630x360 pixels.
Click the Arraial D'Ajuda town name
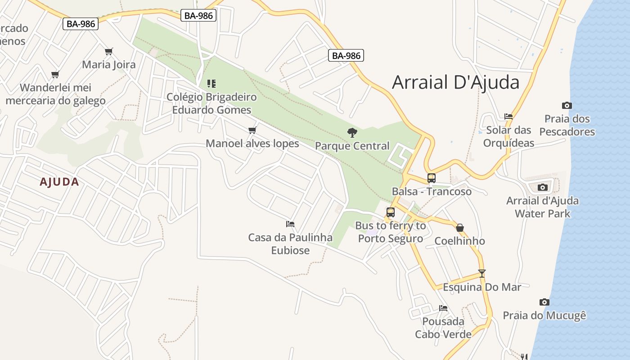[455, 82]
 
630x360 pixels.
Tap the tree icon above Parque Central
[352, 132]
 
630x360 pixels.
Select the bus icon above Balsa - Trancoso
[431, 178]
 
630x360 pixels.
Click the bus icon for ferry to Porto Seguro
[390, 212]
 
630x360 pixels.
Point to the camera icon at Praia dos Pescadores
[567, 105]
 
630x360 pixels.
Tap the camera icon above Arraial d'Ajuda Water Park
[542, 187]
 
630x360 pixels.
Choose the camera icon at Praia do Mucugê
[544, 302]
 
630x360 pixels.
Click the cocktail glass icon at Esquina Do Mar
[481, 273]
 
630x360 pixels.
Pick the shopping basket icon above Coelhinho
[459, 227]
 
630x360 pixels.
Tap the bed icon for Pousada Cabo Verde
[443, 308]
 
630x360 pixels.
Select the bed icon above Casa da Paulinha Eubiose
[290, 224]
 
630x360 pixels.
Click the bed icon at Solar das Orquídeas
[508, 116]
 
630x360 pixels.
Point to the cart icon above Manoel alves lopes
[252, 130]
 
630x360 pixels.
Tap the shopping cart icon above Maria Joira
[108, 51]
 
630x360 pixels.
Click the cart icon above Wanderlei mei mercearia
[55, 74]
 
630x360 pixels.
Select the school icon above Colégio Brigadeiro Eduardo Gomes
[211, 83]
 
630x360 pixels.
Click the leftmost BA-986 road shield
[81, 24]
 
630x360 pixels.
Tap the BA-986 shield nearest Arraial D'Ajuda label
[346, 55]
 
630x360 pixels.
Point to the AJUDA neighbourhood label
[59, 182]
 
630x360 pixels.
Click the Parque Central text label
[352, 146]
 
